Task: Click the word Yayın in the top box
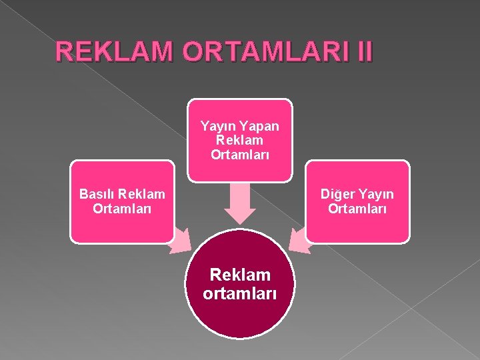coord(217,126)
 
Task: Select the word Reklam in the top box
coord(239,140)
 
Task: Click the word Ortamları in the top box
coord(239,154)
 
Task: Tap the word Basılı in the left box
coord(97,194)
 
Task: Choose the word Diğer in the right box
coord(337,194)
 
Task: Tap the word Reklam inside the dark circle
coord(239,275)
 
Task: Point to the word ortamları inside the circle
coord(239,294)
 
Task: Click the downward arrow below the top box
coord(239,203)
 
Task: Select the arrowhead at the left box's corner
coord(179,241)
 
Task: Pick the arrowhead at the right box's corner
coord(301,241)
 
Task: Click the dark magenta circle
coord(239,313)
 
